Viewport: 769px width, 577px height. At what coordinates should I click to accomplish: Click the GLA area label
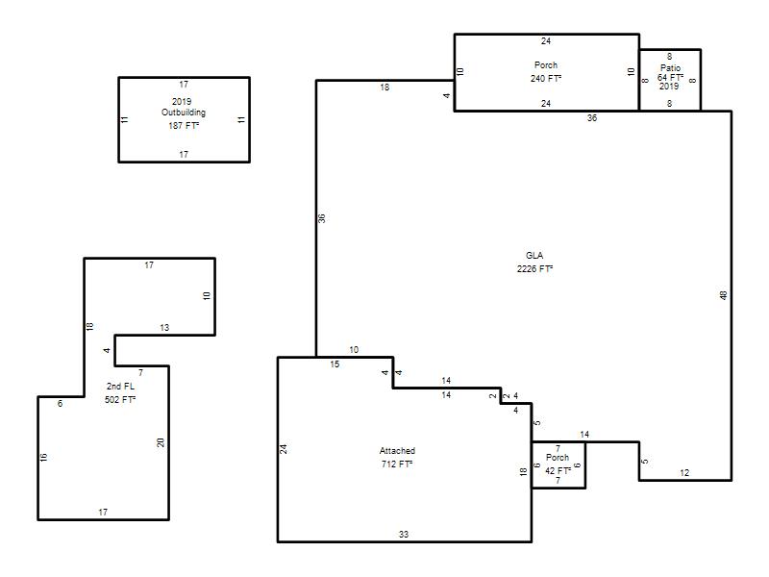tap(534, 256)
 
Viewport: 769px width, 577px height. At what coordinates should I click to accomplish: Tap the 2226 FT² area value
tap(534, 269)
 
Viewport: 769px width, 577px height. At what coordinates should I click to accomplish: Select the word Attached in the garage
tap(397, 451)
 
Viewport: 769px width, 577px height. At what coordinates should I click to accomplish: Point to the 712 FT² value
tap(397, 464)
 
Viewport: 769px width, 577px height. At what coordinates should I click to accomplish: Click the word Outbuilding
tap(184, 113)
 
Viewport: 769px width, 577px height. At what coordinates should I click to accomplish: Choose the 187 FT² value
tap(184, 126)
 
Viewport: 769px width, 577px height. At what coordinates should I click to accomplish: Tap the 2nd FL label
tap(120, 387)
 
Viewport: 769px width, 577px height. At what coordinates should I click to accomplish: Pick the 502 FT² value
tap(120, 400)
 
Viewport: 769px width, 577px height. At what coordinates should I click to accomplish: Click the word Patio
tap(670, 68)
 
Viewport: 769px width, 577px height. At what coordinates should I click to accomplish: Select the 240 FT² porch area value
tap(546, 79)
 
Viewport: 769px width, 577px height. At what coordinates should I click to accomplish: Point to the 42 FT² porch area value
tap(558, 471)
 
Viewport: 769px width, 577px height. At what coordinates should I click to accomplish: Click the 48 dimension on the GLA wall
tap(724, 295)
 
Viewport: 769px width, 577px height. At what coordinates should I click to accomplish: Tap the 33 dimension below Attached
tap(404, 535)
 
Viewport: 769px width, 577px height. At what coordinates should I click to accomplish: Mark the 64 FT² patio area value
tap(670, 78)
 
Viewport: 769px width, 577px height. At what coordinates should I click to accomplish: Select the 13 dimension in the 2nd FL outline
tap(164, 328)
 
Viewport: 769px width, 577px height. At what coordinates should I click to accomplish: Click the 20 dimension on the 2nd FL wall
tap(161, 442)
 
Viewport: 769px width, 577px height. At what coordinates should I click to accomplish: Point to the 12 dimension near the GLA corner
tap(684, 473)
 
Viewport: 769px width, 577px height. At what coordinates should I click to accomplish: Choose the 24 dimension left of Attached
tap(284, 449)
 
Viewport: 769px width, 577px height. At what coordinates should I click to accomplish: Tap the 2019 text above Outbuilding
tap(182, 102)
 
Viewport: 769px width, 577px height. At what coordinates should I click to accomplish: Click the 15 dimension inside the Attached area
tap(335, 364)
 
